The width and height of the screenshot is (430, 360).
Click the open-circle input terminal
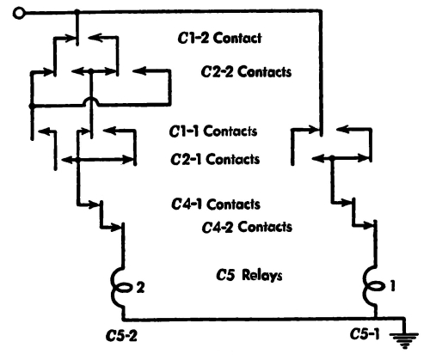point(19,13)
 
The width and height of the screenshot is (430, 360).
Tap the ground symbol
point(404,339)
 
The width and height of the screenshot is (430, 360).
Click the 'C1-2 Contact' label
point(219,38)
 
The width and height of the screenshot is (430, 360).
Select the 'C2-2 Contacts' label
point(246,71)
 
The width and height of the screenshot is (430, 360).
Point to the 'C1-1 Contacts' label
point(213,131)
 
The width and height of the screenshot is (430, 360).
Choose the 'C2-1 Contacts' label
point(215,159)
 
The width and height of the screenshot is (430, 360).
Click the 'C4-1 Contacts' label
point(216,204)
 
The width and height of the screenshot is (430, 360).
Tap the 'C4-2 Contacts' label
point(247,227)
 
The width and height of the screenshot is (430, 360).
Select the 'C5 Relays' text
point(249,275)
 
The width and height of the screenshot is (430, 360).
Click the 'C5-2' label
point(121,336)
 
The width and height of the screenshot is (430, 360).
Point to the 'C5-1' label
point(365,334)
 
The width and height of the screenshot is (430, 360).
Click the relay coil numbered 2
point(120,287)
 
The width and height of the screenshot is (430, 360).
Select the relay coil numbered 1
point(372,285)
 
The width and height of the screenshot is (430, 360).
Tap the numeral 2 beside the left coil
point(140,288)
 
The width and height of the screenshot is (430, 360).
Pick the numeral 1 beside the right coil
point(392,285)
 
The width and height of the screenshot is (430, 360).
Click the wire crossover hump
point(91,101)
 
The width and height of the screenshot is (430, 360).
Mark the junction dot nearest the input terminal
point(77,12)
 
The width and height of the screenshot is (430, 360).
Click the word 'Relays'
point(262,275)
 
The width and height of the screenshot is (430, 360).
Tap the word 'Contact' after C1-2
point(237,39)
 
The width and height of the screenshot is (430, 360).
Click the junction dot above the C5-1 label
point(375,317)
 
